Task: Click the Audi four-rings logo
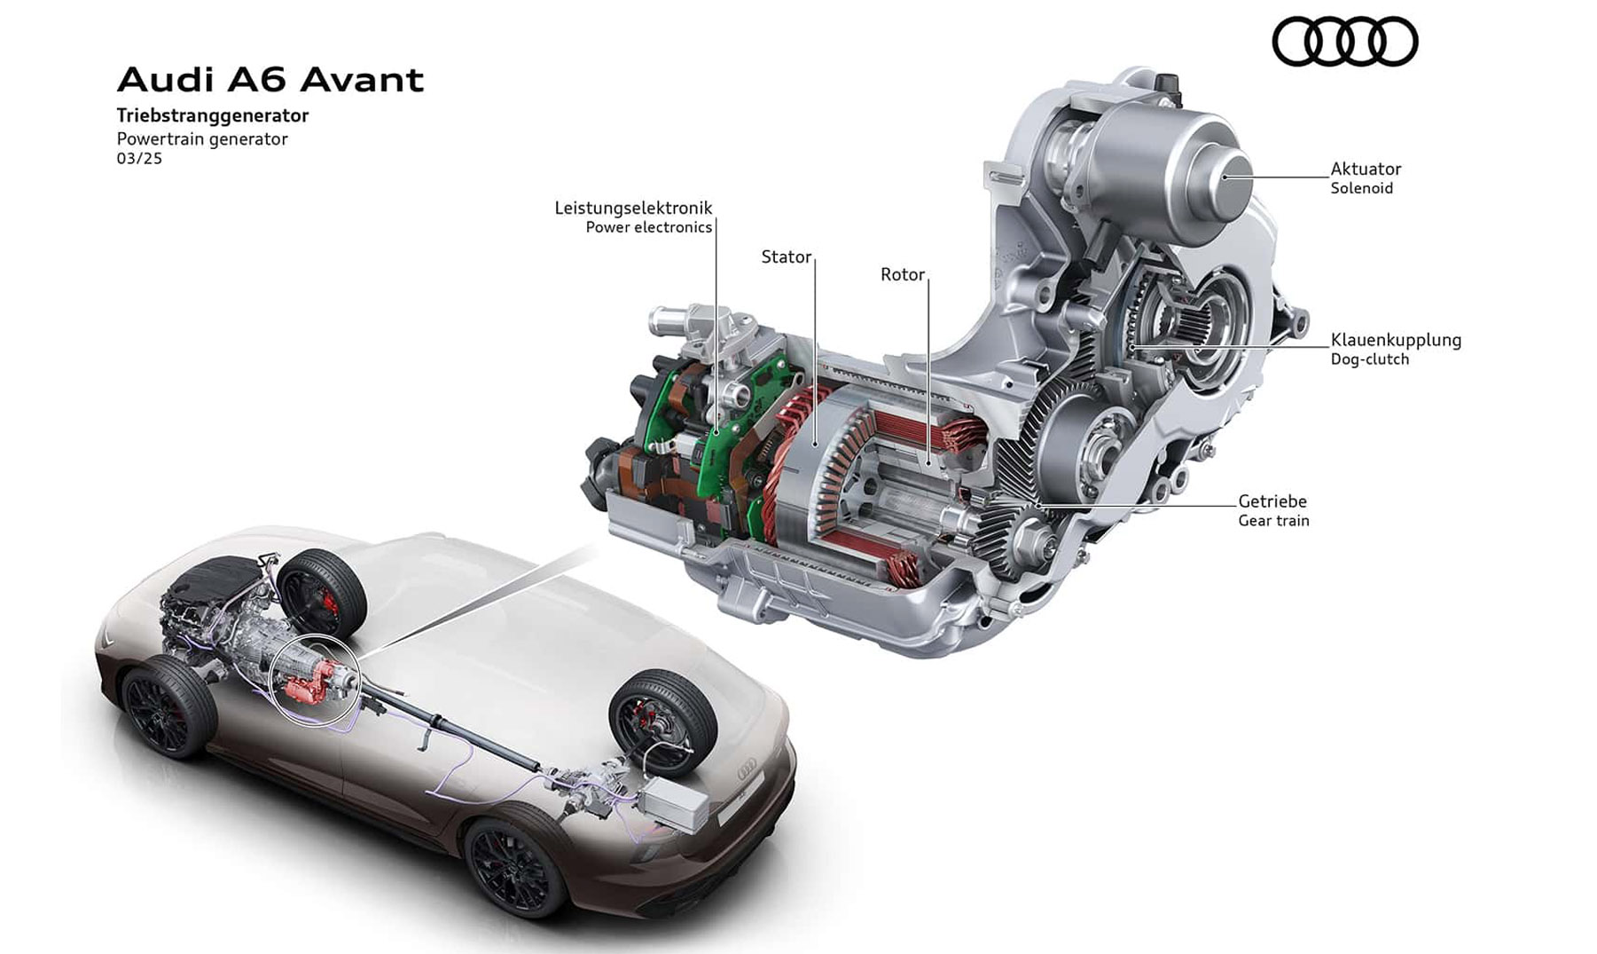1345,42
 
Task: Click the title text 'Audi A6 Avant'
270,80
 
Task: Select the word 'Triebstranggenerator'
213,115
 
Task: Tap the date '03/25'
139,159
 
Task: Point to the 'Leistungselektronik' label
633,208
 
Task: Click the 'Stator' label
787,256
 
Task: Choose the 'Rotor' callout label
903,274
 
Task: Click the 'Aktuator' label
1366,169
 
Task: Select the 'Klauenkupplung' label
1396,340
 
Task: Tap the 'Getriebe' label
1272,501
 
